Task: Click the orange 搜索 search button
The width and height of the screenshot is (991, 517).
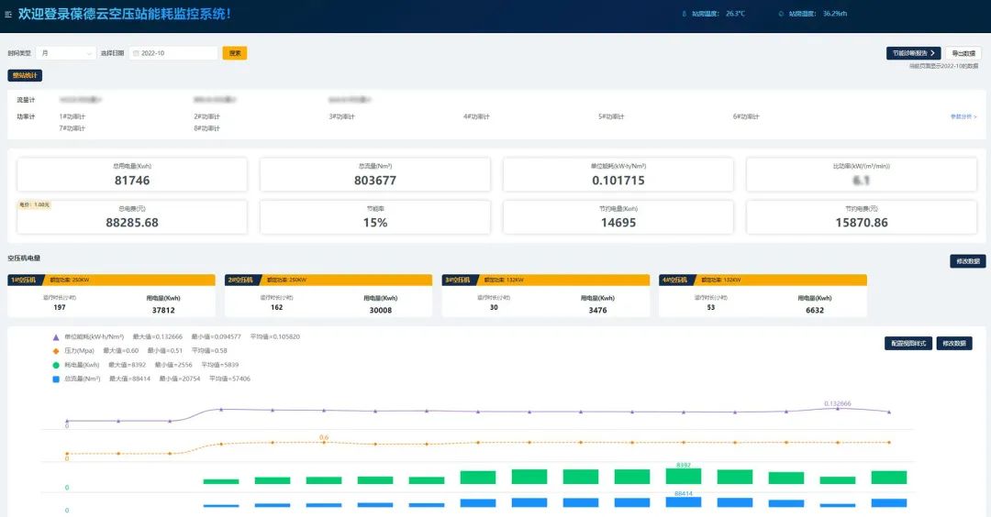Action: coord(235,53)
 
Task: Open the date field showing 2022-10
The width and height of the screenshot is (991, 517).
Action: coord(173,53)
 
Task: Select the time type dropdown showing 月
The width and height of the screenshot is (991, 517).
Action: coord(65,53)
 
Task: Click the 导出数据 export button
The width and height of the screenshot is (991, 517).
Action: coord(962,53)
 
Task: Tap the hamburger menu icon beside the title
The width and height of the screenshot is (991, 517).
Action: coord(8,14)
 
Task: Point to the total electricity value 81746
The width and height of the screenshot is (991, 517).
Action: coord(131,181)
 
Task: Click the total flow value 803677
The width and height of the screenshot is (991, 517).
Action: coord(374,181)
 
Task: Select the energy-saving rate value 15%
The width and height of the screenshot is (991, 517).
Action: coord(374,223)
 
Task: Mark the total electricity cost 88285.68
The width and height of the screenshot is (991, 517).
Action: coord(131,223)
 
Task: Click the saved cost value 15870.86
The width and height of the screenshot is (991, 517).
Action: coord(862,223)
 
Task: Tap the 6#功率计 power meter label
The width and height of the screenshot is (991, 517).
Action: coord(746,116)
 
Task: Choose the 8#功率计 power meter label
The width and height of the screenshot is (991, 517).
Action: coord(206,128)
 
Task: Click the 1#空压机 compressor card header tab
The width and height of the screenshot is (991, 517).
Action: coord(25,280)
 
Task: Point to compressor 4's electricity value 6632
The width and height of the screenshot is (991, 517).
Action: coord(814,310)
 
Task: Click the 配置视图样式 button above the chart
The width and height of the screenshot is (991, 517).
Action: coord(908,343)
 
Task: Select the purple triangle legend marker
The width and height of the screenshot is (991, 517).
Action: coord(56,336)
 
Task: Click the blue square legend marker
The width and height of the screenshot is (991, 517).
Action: coord(56,378)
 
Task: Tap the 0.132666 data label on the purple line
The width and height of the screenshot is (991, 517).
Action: coord(837,403)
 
